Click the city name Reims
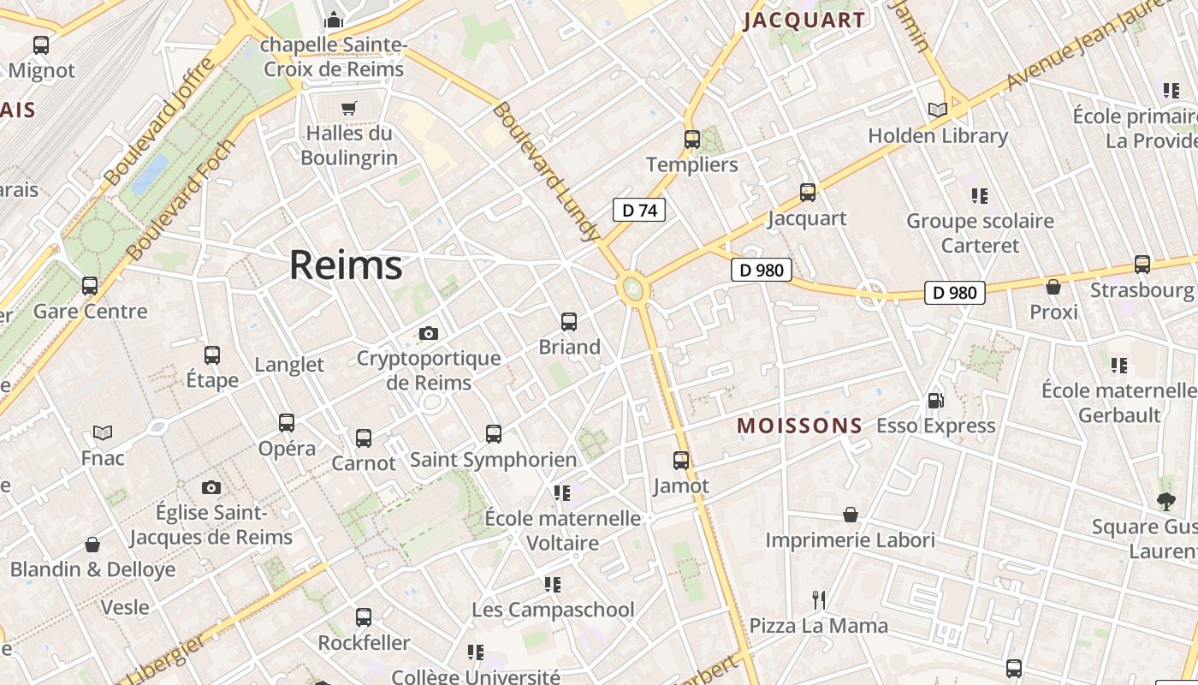pos(346,265)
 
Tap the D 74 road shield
pos(638,210)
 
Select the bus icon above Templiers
pos(692,139)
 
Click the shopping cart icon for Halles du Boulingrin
pos(348,108)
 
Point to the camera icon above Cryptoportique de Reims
pos(429,333)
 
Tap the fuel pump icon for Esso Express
pos(935,400)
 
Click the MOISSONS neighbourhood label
pos(800,426)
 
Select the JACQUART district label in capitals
pos(804,21)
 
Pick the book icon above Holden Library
pos(938,110)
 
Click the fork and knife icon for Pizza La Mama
pos(819,600)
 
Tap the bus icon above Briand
pos(569,322)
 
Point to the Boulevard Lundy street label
pos(545,171)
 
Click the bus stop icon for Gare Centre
pos(90,285)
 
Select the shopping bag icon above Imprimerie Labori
pos(851,515)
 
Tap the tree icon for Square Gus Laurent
pos(1165,501)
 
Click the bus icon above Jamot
pos(681,461)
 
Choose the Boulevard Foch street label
pos(181,200)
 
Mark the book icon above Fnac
pos(103,432)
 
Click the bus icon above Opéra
pos(287,422)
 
